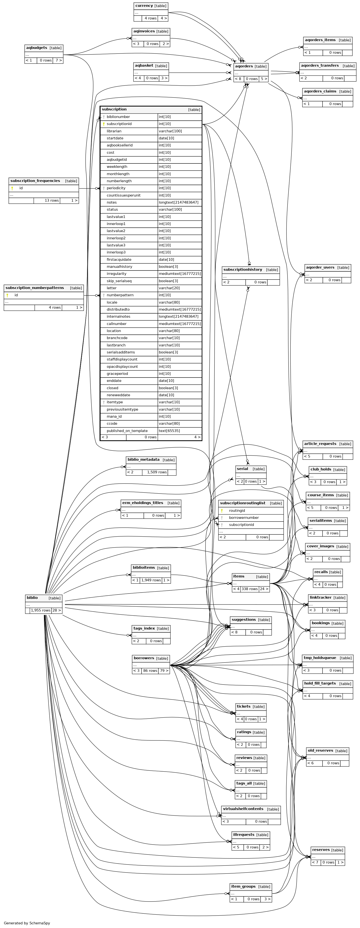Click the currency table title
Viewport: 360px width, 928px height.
(144, 6)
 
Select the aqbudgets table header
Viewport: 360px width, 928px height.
(37, 47)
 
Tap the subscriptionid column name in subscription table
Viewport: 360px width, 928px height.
(119, 124)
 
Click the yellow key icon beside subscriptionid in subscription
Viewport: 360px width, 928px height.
(103, 124)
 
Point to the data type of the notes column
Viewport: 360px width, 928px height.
(178, 202)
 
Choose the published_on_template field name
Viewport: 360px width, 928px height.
(127, 431)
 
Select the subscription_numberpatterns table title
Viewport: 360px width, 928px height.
(35, 288)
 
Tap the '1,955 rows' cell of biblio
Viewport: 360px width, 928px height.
(40, 610)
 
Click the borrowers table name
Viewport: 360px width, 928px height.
(144, 658)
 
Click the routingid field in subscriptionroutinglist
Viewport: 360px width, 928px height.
(237, 511)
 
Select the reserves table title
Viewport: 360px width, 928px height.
(321, 850)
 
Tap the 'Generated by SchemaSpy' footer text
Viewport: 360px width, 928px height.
(27, 923)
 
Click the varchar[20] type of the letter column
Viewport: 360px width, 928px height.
(169, 288)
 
